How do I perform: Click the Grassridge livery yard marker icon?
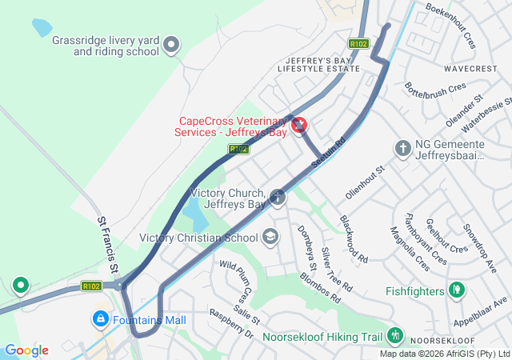171,46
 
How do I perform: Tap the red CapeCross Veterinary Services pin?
299,125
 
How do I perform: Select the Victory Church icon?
278,197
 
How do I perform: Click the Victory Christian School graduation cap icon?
270,237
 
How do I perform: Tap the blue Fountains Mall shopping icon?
100,319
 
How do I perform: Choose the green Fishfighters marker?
457,289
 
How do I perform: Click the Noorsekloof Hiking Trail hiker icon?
394,335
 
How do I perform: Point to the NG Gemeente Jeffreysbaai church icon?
403,148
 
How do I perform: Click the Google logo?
26,350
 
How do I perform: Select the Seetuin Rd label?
328,152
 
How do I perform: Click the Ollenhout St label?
366,182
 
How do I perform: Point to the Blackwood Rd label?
353,239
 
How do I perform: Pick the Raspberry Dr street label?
230,322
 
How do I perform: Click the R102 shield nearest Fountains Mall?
90,286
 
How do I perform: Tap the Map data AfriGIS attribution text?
445,354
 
